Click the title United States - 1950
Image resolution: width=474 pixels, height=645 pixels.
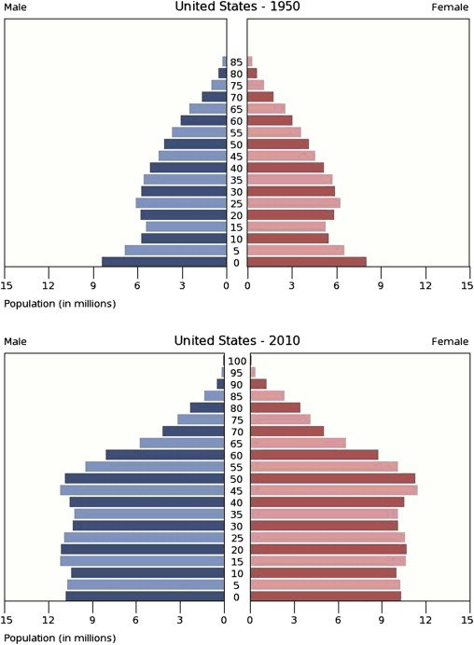click(x=237, y=7)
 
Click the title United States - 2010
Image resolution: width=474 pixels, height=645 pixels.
click(x=237, y=341)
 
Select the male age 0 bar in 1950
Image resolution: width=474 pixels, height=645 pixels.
click(x=164, y=262)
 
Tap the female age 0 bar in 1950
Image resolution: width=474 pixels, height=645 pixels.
click(x=307, y=262)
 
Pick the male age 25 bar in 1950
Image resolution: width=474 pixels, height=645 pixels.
click(x=181, y=203)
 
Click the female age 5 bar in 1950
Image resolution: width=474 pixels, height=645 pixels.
click(x=296, y=250)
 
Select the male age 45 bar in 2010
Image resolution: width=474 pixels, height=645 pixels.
click(x=143, y=490)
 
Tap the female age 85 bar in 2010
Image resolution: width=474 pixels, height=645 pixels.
click(x=268, y=395)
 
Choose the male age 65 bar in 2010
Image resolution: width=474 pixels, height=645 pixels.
click(x=182, y=443)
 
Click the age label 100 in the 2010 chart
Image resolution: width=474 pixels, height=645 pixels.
click(x=237, y=361)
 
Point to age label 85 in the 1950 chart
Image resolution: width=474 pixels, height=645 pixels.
click(x=237, y=62)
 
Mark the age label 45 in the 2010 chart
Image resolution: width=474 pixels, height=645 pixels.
click(x=237, y=490)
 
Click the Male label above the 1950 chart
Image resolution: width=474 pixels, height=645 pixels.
click(x=16, y=7)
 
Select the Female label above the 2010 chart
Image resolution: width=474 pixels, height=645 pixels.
click(x=449, y=342)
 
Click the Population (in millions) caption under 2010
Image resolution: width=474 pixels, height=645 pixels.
click(x=60, y=638)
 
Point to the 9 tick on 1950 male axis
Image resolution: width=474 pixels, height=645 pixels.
click(x=93, y=285)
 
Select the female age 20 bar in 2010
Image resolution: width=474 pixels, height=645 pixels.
click(x=328, y=549)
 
